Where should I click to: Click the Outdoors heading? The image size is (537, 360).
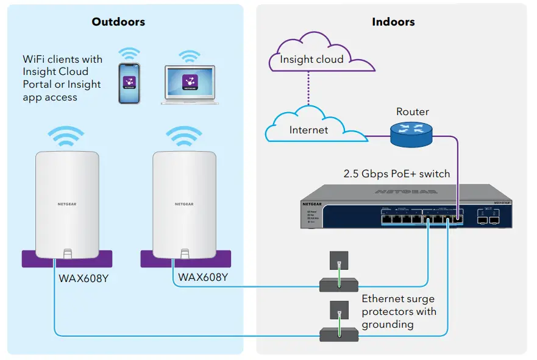(x=118, y=22)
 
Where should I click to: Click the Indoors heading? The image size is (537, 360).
(x=393, y=22)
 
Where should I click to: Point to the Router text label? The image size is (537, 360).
(x=413, y=112)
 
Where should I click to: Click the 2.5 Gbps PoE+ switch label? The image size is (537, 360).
(x=397, y=174)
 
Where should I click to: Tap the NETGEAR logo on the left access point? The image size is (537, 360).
(x=67, y=204)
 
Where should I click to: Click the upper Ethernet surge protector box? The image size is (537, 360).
(x=340, y=284)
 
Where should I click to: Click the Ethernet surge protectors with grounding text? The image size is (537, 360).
(x=399, y=311)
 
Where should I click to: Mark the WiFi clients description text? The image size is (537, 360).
(x=62, y=78)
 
